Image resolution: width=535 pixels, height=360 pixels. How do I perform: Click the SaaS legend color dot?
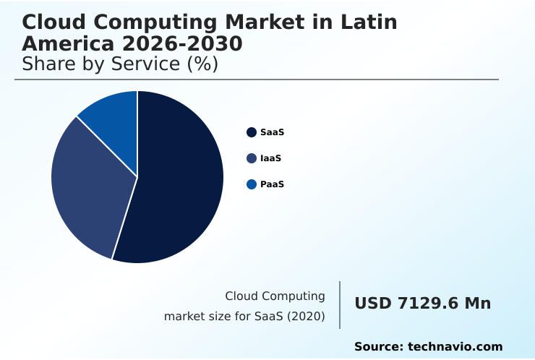pyautogui.click(x=252, y=132)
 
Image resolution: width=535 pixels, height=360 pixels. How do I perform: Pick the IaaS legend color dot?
pyautogui.click(x=252, y=158)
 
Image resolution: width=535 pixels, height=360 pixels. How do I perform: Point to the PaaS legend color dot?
pyautogui.click(x=252, y=184)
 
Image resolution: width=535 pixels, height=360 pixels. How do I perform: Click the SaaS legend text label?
pyautogui.click(x=272, y=132)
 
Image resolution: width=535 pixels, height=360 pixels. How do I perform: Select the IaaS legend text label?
pyautogui.click(x=270, y=158)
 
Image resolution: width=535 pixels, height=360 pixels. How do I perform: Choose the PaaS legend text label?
pyautogui.click(x=272, y=184)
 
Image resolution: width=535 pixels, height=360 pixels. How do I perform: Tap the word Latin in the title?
pyautogui.click(x=370, y=22)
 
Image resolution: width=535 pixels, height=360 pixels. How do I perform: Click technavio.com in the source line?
pyautogui.click(x=455, y=347)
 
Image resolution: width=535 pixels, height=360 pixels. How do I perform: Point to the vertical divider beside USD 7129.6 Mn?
pyautogui.click(x=340, y=305)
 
